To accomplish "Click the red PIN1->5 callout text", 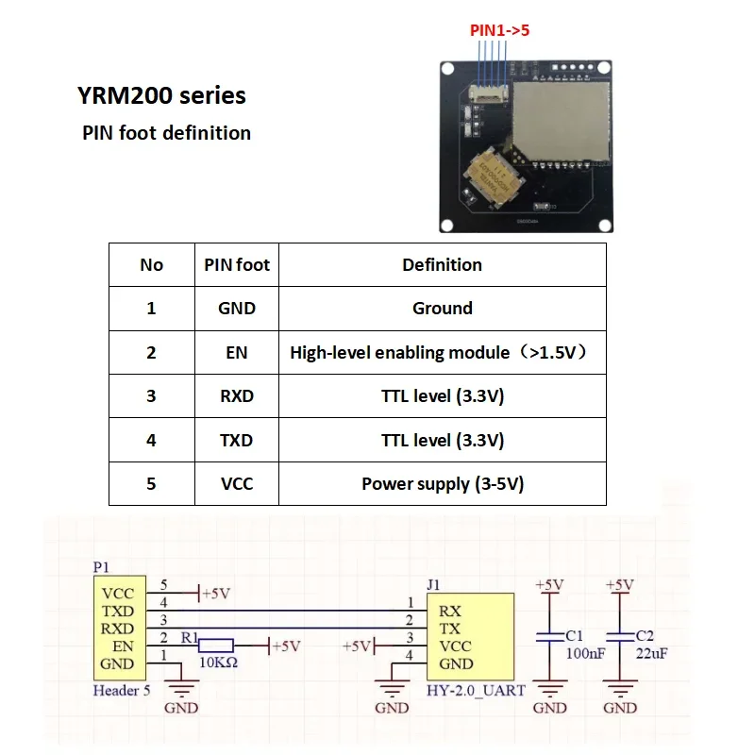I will pyautogui.click(x=500, y=30).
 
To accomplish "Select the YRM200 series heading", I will pyautogui.click(x=161, y=95).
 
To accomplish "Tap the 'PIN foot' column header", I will pyautogui.click(x=237, y=265).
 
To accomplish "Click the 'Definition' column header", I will pyautogui.click(x=442, y=265).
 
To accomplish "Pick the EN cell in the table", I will pyautogui.click(x=237, y=352).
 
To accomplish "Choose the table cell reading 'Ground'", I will pyautogui.click(x=442, y=309).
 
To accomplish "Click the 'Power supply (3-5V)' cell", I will pyautogui.click(x=442, y=484).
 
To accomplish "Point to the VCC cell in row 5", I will pyautogui.click(x=237, y=484).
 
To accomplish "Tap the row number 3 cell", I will pyautogui.click(x=151, y=396).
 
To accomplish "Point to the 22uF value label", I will pyautogui.click(x=652, y=654).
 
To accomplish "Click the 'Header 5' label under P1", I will pyautogui.click(x=121, y=690).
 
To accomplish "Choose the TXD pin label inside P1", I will pyautogui.click(x=117, y=612).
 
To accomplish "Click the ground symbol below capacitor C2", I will pyautogui.click(x=620, y=690).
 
